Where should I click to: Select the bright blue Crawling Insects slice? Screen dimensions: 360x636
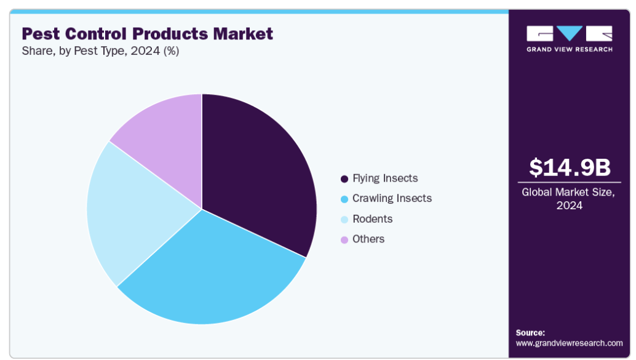[209, 271]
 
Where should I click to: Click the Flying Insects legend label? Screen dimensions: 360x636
[385, 178]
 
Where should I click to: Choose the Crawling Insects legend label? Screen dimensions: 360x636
[392, 198]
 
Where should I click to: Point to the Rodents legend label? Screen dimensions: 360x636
[372, 219]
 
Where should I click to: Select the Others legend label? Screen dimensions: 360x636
[368, 239]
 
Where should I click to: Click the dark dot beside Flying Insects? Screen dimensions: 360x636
[344, 179]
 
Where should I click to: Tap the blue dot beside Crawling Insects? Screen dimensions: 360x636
[344, 199]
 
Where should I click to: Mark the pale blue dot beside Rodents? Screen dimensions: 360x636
[344, 219]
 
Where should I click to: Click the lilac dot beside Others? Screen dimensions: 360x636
[344, 239]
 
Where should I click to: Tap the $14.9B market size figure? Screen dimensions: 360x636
[569, 167]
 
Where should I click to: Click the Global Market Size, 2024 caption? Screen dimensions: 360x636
[569, 199]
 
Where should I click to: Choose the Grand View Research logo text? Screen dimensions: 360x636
[569, 49]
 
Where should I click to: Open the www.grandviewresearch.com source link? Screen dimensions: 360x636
[569, 343]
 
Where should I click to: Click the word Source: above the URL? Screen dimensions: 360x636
[530, 332]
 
